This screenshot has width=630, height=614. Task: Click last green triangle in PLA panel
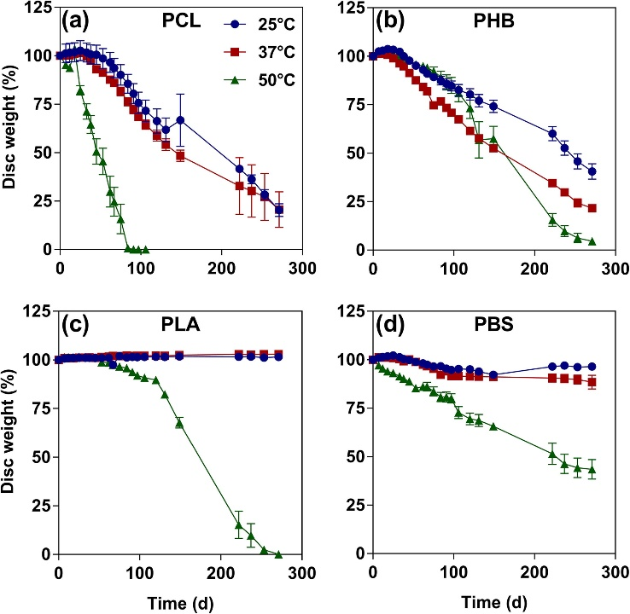(x=278, y=553)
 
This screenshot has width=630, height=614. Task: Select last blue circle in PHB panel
(x=592, y=171)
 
